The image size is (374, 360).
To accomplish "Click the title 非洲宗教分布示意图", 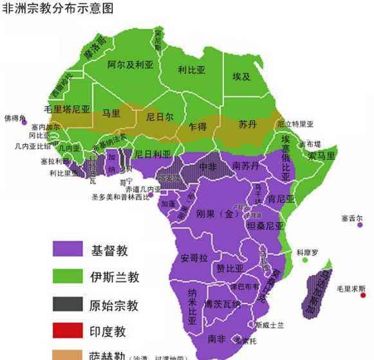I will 58,8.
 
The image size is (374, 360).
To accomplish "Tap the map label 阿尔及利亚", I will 130,64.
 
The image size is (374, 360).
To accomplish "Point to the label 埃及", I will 241,76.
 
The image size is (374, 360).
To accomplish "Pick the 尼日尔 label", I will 160,118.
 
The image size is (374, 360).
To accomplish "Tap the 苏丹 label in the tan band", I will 248,123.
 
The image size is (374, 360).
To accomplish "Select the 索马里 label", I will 321,156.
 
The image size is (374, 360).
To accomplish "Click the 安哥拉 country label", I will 194,258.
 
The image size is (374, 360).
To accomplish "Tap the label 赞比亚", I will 230,268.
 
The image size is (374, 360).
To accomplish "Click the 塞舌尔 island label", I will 353,219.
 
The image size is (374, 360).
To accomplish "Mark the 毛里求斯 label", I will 351,289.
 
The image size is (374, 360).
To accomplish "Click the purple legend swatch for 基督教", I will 68,249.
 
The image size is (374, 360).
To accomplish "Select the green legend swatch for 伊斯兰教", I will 68,276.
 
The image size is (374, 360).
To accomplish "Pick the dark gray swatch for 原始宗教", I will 68,304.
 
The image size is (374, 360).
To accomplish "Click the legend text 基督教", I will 109,249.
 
